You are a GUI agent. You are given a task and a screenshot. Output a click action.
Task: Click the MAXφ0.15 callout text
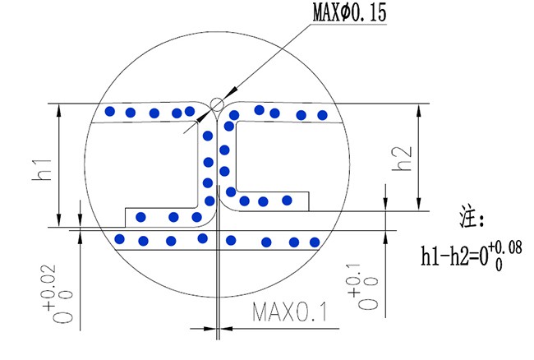348,13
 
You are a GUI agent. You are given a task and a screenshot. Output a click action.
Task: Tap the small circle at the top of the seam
216,104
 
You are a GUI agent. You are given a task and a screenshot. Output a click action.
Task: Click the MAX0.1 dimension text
289,313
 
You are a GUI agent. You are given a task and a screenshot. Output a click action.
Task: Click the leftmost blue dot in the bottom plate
120,239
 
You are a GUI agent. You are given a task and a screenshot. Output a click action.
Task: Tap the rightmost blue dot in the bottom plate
313,242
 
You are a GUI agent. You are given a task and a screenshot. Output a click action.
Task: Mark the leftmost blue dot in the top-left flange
108,111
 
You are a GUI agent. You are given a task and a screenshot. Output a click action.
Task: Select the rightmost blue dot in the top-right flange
323,114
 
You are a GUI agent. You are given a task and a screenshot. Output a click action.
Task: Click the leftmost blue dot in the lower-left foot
141,217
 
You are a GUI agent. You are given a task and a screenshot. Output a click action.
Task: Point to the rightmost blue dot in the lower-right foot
287,200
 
